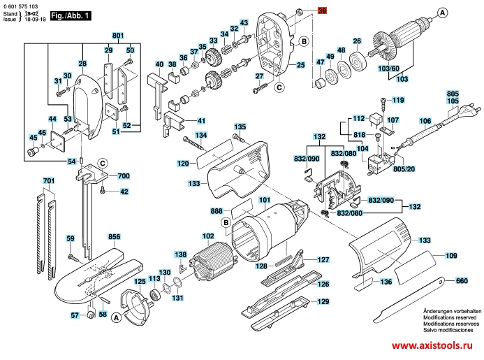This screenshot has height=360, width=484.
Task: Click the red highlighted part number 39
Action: (322, 11)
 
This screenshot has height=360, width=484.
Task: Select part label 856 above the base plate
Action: (115, 237)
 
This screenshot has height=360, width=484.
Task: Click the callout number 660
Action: (461, 281)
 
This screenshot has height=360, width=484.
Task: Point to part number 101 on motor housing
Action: (264, 199)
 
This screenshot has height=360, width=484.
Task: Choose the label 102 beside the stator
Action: (208, 236)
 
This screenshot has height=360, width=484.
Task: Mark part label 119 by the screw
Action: (398, 101)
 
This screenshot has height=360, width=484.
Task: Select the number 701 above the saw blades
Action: (48, 182)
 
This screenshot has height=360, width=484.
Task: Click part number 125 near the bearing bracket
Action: (140, 281)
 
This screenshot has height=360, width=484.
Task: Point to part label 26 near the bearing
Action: (356, 42)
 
